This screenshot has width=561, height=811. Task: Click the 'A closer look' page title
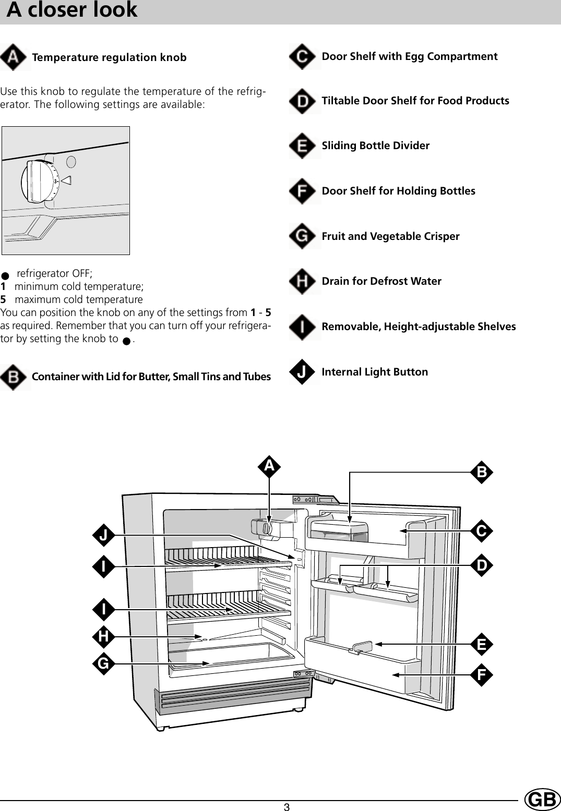72,10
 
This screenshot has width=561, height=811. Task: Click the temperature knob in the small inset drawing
36,181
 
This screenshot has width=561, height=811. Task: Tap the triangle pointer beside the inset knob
66,180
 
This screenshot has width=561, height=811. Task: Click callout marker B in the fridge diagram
481,472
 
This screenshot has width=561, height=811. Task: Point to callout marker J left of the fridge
104,535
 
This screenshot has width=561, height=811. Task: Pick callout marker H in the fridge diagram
104,636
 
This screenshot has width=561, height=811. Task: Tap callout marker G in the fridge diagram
104,663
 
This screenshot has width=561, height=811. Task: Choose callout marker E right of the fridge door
481,645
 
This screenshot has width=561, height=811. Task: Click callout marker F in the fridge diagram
481,675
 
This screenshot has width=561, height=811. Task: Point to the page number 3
287,807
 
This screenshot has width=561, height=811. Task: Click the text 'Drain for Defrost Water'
381,281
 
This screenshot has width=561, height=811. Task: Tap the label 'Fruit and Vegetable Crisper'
390,236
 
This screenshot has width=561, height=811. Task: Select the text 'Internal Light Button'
375,372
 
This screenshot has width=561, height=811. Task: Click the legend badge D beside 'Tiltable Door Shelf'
302,101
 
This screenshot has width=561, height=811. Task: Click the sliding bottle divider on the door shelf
362,647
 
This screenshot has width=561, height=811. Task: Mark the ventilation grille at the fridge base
235,699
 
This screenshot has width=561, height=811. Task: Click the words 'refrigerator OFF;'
54,273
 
